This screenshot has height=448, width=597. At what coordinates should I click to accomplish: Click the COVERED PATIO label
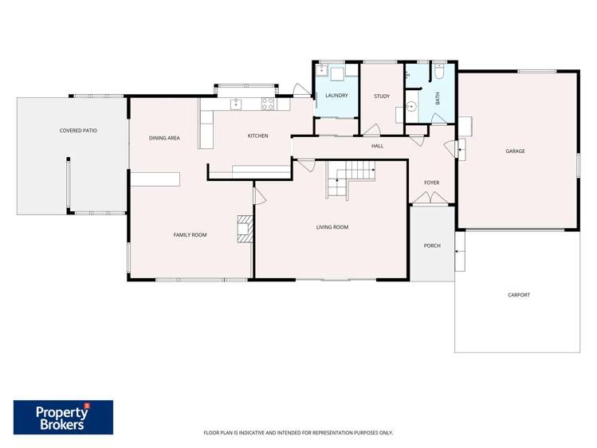pyautogui.click(x=78, y=130)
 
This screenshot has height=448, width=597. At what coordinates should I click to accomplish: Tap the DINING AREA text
pyautogui.click(x=164, y=138)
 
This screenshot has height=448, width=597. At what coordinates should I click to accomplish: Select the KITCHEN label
pyautogui.click(x=257, y=136)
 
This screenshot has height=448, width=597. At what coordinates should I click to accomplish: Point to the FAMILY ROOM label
pyautogui.click(x=190, y=234)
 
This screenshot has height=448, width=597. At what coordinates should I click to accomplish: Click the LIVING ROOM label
pyautogui.click(x=332, y=227)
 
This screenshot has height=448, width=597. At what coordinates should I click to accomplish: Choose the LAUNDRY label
pyautogui.click(x=336, y=96)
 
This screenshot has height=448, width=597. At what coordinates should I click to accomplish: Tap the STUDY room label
pyautogui.click(x=382, y=96)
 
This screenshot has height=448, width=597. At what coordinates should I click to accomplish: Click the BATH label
pyautogui.click(x=437, y=98)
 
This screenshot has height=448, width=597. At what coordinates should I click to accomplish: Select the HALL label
pyautogui.click(x=378, y=146)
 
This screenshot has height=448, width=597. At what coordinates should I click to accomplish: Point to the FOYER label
pyautogui.click(x=431, y=183)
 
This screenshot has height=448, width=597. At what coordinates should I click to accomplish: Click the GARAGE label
pyautogui.click(x=515, y=151)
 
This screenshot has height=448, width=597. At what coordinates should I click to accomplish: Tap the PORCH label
pyautogui.click(x=432, y=246)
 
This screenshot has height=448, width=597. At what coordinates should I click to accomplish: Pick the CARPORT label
pyautogui.click(x=518, y=295)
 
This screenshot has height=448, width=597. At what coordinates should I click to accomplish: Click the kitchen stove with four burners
pyautogui.click(x=268, y=103)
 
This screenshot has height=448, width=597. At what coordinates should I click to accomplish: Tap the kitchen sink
pyautogui.click(x=236, y=104)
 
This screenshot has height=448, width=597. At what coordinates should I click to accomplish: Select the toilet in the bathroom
pyautogui.click(x=439, y=74)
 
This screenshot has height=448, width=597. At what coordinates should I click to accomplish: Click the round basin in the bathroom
pyautogui.click(x=412, y=105)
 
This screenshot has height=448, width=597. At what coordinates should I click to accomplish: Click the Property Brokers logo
pyautogui.click(x=63, y=417)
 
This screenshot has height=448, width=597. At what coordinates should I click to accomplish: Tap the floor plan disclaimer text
pyautogui.click(x=298, y=433)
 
